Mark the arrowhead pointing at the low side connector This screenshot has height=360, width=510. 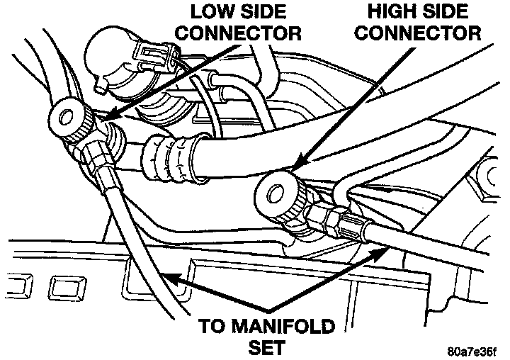(x=106, y=116)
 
